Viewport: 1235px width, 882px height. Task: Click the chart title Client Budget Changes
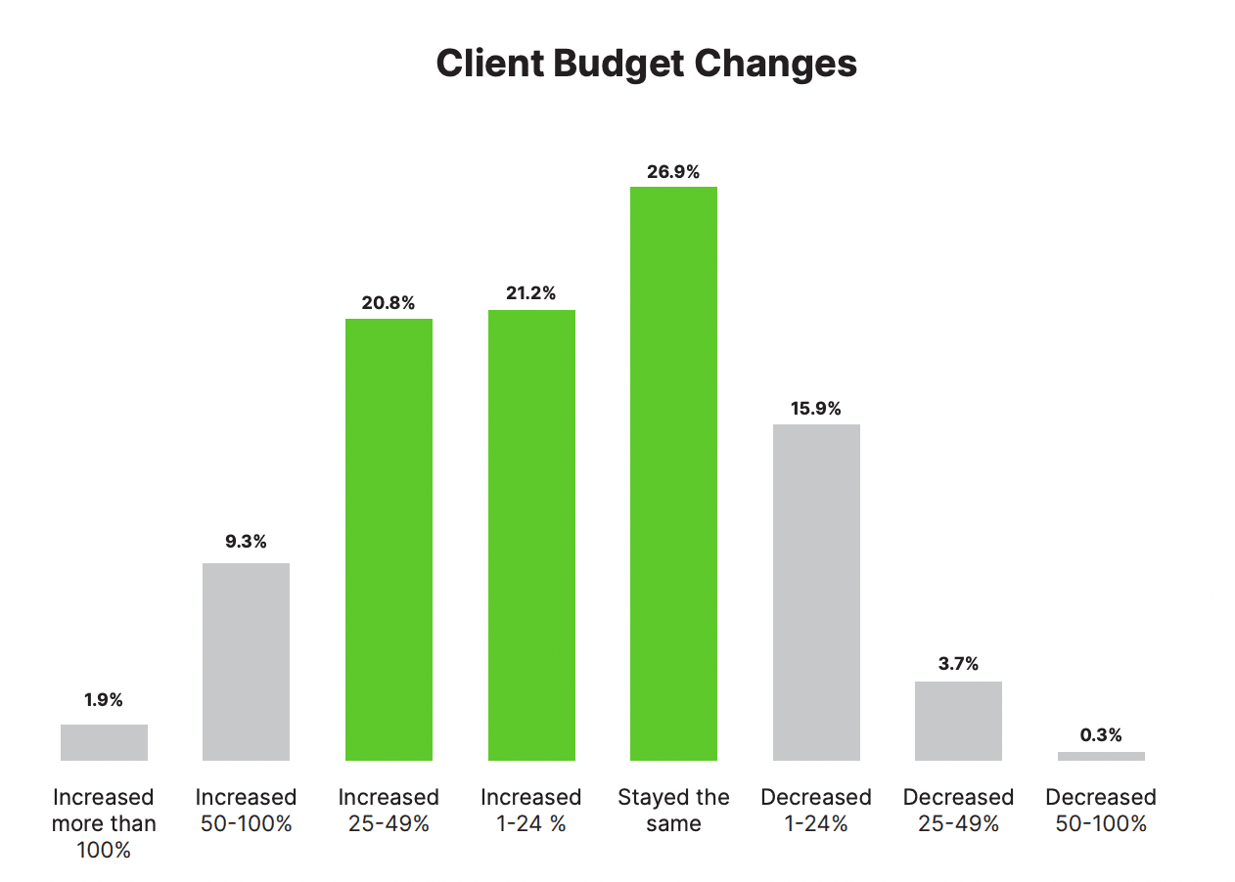point(646,64)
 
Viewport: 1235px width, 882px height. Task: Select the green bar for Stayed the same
point(673,473)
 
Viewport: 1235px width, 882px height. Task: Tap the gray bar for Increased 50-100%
point(246,661)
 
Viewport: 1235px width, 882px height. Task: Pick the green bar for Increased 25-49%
point(389,539)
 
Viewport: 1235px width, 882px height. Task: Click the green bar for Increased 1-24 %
point(531,535)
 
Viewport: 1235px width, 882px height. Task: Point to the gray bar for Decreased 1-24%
point(816,592)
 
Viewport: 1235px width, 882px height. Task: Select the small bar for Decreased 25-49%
point(958,721)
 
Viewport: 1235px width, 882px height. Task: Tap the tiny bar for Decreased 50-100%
point(1101,756)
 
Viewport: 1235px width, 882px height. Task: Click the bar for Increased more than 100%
point(104,742)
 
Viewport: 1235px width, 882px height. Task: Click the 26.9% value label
point(673,172)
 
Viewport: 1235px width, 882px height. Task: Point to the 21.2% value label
point(531,293)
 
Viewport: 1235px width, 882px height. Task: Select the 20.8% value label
point(389,303)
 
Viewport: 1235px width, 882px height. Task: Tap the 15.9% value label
point(816,409)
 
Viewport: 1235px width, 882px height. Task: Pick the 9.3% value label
point(246,542)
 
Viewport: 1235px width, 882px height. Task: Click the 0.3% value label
point(1101,735)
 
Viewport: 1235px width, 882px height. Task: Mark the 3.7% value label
point(958,664)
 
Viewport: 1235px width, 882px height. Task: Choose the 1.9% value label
point(104,700)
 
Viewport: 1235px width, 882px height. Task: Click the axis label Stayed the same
point(673,810)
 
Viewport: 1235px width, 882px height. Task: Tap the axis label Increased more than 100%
point(104,823)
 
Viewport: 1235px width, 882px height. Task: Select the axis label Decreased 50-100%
point(1101,810)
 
